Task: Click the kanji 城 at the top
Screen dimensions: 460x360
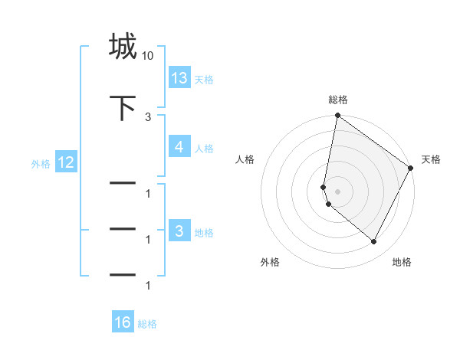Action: coord(123,46)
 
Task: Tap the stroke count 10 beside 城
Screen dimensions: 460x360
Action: coord(148,56)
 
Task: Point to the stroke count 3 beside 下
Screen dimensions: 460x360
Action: coord(148,116)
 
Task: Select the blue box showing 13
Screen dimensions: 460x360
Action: coord(179,77)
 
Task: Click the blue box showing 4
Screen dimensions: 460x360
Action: coord(179,147)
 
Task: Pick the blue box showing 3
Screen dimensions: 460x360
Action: coord(179,231)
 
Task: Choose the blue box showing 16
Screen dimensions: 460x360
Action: coord(123,322)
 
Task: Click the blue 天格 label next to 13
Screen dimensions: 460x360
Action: coord(204,79)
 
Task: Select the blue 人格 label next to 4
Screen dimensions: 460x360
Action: coord(204,149)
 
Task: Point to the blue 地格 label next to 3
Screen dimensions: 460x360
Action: coord(204,232)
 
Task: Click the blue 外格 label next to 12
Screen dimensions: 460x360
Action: coord(41,163)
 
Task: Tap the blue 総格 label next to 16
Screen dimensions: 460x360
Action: coord(147,324)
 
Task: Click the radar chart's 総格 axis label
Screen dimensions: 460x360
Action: coord(338,100)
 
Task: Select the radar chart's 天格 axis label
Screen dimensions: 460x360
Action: coord(431,159)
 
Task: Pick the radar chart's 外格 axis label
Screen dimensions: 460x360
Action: coord(270,262)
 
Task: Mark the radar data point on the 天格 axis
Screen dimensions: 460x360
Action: coord(412,168)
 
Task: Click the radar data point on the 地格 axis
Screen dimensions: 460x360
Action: coord(374,241)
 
